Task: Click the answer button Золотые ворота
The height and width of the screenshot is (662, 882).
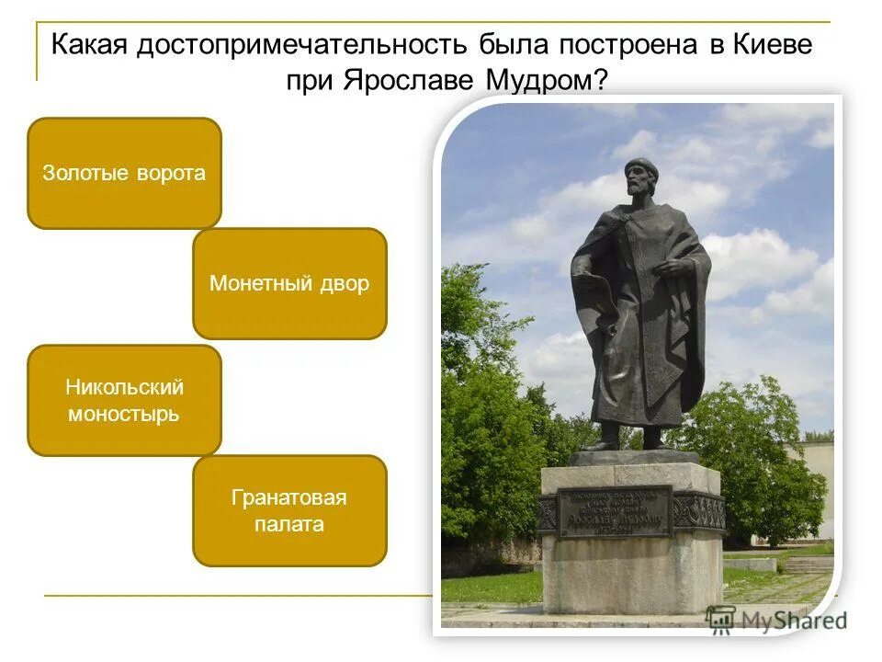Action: pyautogui.click(x=124, y=173)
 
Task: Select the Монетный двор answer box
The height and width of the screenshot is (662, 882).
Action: pyautogui.click(x=289, y=283)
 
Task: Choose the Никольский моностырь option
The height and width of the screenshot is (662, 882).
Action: pyautogui.click(x=124, y=400)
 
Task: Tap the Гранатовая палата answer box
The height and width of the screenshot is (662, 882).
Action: pyautogui.click(x=289, y=510)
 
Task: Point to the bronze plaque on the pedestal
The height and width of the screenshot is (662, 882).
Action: pyautogui.click(x=615, y=510)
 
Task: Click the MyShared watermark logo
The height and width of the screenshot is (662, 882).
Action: pyautogui.click(x=776, y=620)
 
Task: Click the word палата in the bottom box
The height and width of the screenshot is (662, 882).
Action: pyautogui.click(x=289, y=525)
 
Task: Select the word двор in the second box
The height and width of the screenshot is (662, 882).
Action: pyautogui.click(x=345, y=283)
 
